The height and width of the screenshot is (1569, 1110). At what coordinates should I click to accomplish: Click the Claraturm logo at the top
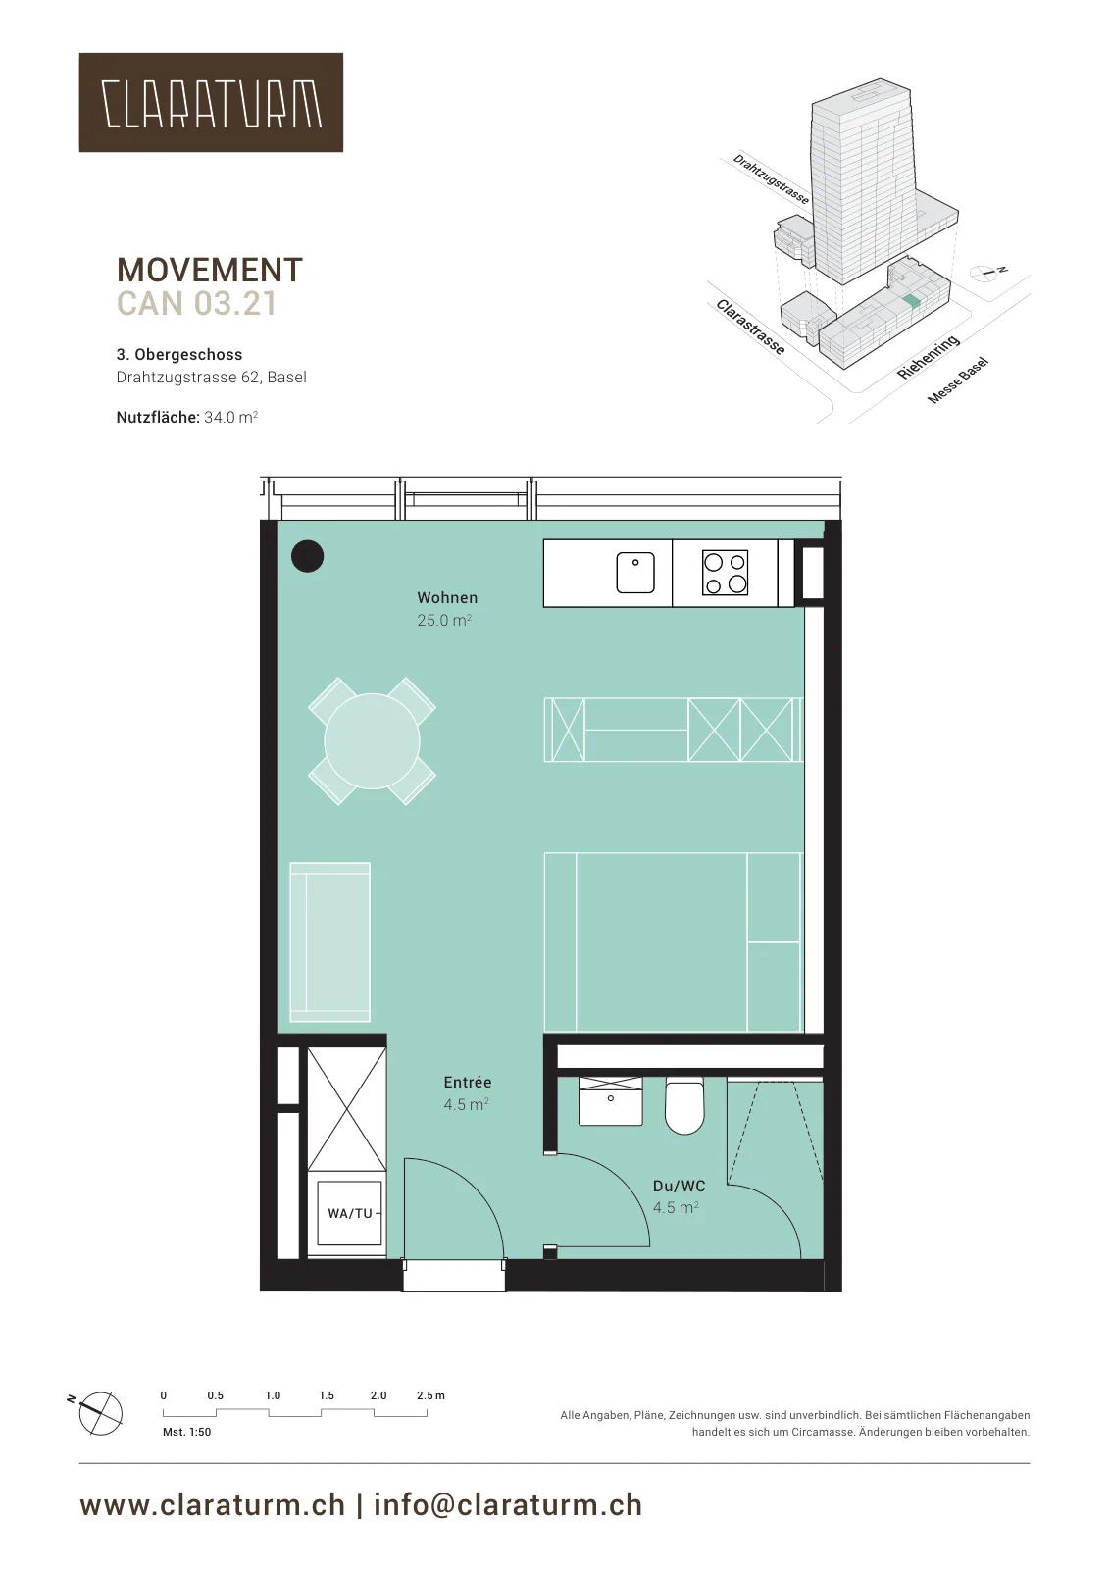click(x=211, y=102)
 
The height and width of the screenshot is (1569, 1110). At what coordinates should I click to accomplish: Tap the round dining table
click(x=372, y=740)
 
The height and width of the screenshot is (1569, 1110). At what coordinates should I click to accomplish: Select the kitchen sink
click(x=635, y=573)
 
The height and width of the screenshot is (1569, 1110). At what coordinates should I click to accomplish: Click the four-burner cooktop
click(x=725, y=573)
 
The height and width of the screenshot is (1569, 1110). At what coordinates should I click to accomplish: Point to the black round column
click(x=308, y=557)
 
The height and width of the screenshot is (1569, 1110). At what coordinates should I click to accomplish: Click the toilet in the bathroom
click(x=684, y=1107)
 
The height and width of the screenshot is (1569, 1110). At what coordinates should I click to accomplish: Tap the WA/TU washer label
click(x=349, y=1213)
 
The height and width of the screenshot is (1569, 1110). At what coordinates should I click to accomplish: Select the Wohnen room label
click(x=447, y=597)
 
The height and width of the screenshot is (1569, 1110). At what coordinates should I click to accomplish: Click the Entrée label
click(x=468, y=1083)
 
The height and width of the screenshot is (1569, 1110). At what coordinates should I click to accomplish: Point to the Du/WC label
click(x=679, y=1186)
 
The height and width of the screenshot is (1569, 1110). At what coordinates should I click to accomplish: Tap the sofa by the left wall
click(x=329, y=941)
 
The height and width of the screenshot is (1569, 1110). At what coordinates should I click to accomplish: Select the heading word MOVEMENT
click(x=210, y=270)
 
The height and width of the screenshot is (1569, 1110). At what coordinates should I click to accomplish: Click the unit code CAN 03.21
click(x=197, y=303)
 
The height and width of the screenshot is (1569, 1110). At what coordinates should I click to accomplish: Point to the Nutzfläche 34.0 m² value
click(x=231, y=418)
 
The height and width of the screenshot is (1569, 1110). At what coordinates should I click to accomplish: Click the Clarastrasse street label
click(x=750, y=328)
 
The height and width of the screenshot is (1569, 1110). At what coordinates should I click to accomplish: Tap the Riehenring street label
click(x=928, y=357)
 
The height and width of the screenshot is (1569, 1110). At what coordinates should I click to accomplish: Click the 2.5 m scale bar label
click(x=430, y=1395)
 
